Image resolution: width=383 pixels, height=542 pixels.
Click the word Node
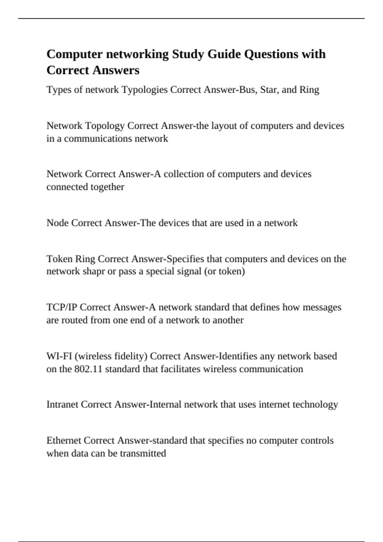[58, 223]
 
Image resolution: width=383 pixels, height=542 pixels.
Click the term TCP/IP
[62, 307]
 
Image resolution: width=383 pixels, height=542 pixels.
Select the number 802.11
[88, 369]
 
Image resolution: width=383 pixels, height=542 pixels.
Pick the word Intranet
[62, 405]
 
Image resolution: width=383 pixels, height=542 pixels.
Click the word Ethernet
[64, 441]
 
